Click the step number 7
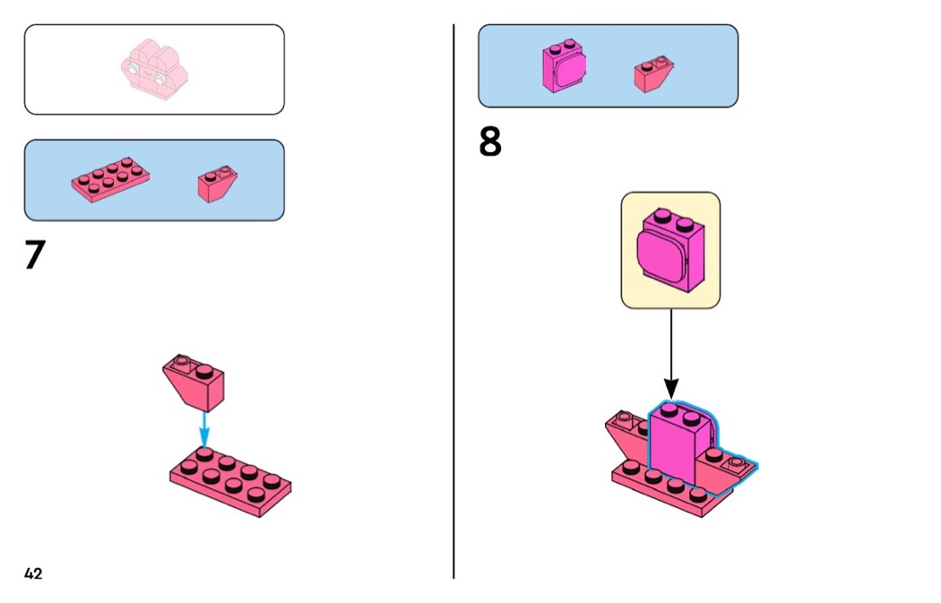[35, 254]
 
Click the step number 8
[489, 142]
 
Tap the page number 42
[34, 573]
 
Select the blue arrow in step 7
[204, 429]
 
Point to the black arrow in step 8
[671, 353]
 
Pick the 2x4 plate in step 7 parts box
[110, 180]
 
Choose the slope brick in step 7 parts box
[217, 185]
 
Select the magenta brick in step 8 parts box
[564, 66]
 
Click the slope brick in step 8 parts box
[653, 74]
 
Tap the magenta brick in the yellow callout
[670, 250]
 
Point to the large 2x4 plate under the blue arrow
[230, 482]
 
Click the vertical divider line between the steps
[453, 301]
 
